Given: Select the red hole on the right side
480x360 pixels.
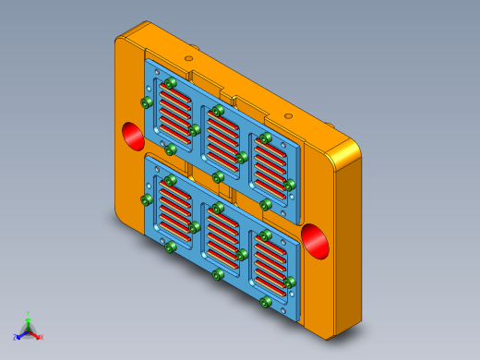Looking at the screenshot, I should coord(316,241).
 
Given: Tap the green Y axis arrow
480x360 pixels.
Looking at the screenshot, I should coord(28,317).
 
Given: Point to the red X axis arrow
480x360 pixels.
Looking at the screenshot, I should coord(38,336).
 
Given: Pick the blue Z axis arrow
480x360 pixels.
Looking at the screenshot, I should coord(18,336).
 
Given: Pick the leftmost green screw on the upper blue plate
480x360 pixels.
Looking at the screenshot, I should coord(146,102).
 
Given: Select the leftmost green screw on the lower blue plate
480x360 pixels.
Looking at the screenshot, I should coord(146,199).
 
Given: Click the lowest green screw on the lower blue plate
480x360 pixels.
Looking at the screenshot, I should coord(265,302).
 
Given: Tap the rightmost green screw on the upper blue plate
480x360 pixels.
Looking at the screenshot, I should coord(289,186).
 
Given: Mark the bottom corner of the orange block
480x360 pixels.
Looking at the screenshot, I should coord(329,334).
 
